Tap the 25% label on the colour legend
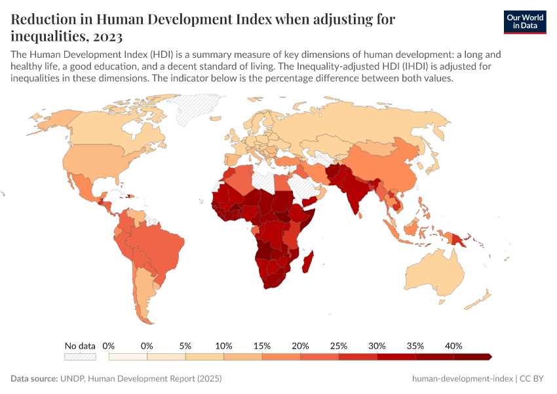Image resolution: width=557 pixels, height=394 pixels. click(339, 345)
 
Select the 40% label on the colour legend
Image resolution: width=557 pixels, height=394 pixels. click(453, 345)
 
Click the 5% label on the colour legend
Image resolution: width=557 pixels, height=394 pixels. click(185, 345)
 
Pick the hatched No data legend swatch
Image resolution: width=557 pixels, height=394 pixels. click(80, 357)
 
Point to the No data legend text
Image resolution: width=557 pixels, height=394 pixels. click(80, 345)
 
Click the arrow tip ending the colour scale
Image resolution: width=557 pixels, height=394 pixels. click(490, 357)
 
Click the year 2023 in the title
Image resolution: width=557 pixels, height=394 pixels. click(103, 35)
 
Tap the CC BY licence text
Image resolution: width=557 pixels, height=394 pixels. click(533, 379)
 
